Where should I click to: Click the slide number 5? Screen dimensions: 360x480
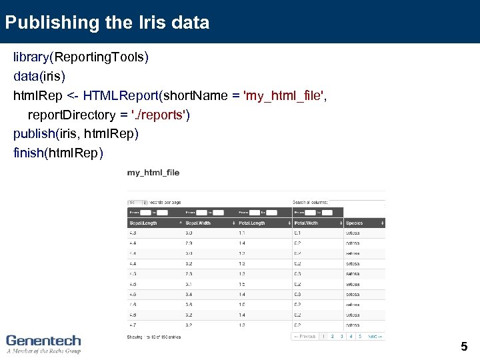(464, 347)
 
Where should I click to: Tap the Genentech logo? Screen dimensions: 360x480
(43, 343)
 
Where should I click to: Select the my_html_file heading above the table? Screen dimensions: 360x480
(153, 173)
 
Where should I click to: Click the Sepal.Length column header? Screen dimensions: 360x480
(143, 223)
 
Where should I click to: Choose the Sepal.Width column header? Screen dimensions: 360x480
(198, 223)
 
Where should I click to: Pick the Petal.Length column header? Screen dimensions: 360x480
(252, 223)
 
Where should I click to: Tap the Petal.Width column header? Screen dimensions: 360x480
(306, 223)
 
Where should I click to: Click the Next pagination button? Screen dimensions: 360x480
(376, 337)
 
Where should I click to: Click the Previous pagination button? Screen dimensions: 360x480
(305, 337)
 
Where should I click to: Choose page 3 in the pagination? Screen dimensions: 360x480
(341, 337)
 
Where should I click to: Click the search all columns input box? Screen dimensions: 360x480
(357, 202)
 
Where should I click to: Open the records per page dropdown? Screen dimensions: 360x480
(137, 202)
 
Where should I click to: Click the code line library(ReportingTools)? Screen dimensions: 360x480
(81, 57)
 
